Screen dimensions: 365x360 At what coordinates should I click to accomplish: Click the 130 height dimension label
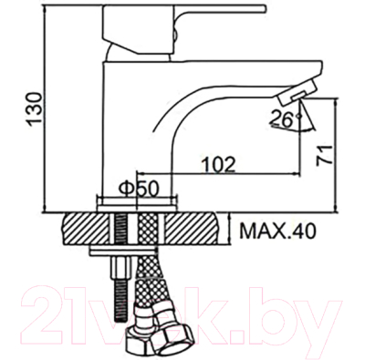(34, 108)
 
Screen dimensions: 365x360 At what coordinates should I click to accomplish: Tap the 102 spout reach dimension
(219, 165)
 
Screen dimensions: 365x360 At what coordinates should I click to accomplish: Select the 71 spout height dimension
(324, 155)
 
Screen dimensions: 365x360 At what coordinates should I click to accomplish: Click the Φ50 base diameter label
(139, 190)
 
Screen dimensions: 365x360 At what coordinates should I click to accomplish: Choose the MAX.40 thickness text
(276, 231)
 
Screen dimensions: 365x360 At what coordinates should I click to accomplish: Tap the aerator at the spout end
(298, 94)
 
